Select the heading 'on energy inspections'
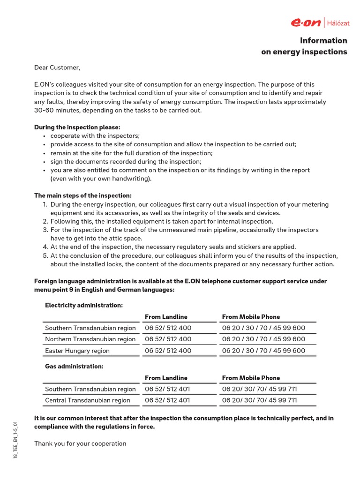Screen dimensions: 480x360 pos(304,52)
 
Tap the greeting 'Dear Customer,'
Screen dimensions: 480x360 pos(57,68)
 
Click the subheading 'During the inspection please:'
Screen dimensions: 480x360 pos(77,127)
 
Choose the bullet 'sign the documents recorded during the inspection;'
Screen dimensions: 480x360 pos(126,162)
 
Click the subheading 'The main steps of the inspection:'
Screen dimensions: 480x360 pos(83,195)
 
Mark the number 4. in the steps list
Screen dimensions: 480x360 pos(45,247)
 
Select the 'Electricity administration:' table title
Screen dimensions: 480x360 pos(84,306)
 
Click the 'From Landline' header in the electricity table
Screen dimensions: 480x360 pos(166,317)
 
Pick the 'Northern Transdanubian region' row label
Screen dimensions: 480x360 pos(90,339)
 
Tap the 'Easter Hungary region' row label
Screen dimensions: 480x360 pos(77,351)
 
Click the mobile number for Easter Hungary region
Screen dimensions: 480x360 pos(263,351)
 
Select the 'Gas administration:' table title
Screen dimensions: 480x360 pos(74,366)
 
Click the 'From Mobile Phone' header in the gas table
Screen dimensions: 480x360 pos(251,378)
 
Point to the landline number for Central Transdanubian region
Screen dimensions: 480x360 pos(167,401)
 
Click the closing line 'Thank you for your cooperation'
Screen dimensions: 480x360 pos(80,443)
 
